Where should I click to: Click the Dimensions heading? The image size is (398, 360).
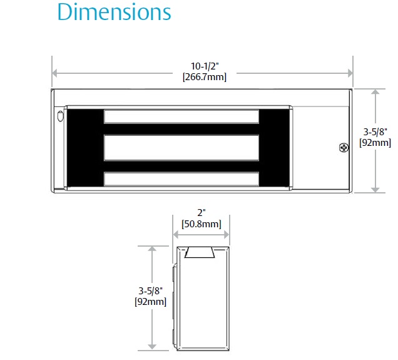[x=115, y=12]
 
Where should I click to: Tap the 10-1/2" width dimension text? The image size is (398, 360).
[x=205, y=66]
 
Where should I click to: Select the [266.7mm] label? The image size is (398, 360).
[x=205, y=76]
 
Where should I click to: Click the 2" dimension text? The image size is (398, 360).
[x=202, y=212]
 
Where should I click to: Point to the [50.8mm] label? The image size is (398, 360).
[x=202, y=224]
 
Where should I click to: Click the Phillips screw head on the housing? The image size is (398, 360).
[x=344, y=148]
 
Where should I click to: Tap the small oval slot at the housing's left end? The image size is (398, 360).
[x=60, y=116]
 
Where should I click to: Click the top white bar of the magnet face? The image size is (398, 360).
[x=181, y=116]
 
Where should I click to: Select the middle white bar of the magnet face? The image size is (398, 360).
[x=181, y=148]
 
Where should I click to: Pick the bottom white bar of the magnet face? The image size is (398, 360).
[x=181, y=178]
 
